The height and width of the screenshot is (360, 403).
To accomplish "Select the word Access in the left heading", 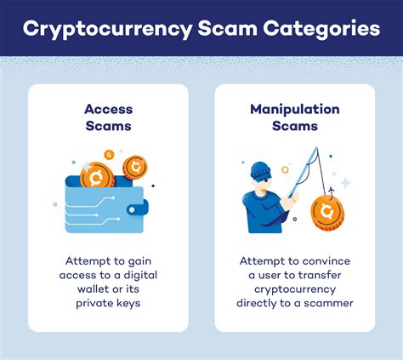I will tap(107, 109).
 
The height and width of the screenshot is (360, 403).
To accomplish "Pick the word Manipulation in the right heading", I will tap(295, 109).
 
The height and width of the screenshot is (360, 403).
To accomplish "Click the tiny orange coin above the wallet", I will tap(108, 156).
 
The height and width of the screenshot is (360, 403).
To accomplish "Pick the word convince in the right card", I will tap(327, 260).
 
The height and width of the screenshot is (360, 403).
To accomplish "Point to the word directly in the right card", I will tap(266, 306).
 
